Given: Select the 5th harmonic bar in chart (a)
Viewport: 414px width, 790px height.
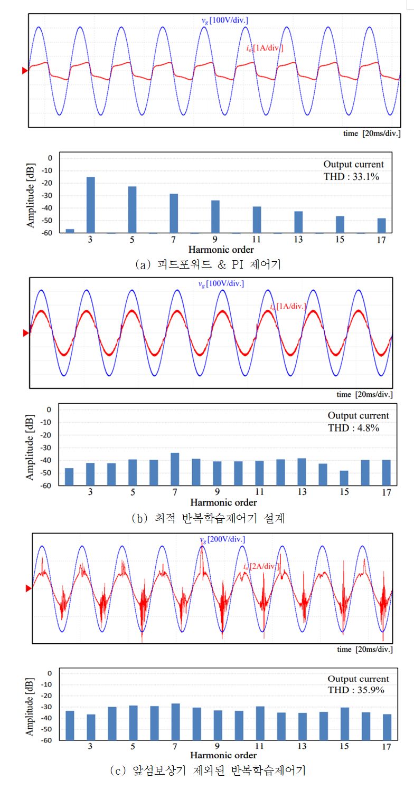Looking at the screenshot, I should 132,210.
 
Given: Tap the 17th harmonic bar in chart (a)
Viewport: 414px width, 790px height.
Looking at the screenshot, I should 381,225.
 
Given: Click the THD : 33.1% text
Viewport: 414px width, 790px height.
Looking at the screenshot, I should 352,177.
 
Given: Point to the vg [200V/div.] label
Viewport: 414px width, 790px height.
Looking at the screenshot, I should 222,539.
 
